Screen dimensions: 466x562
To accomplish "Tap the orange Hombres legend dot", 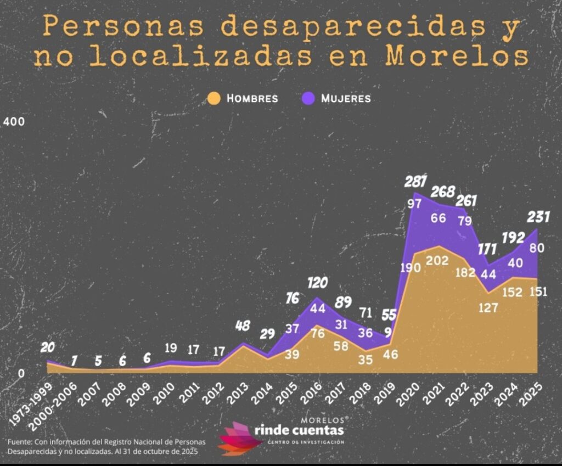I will click(x=214, y=98).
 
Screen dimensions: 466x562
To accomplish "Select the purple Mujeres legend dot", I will click(x=309, y=98).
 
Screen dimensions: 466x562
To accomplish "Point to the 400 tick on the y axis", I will click(x=15, y=121).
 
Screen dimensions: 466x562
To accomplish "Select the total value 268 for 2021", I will click(x=442, y=192).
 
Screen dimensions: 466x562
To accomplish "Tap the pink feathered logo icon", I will click(x=239, y=438).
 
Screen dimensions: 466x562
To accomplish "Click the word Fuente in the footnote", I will click(x=20, y=442).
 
